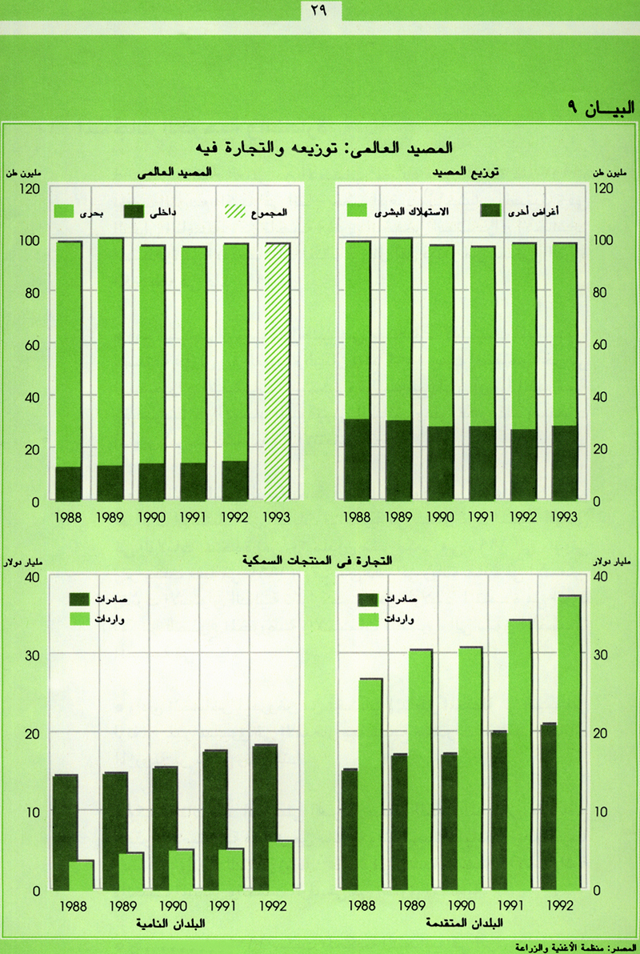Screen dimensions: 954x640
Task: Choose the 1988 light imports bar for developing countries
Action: (81, 875)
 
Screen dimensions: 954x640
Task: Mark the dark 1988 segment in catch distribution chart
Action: (358, 459)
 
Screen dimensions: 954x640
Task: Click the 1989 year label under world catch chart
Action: (110, 518)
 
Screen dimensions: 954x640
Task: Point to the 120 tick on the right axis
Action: (602, 188)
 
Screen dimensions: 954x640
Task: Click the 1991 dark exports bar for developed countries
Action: (499, 809)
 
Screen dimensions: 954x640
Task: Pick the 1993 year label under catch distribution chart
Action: (563, 518)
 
